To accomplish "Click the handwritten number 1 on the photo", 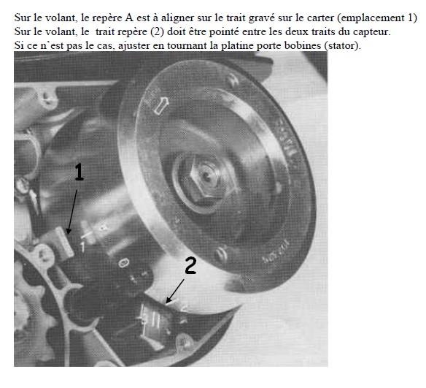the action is pyautogui.click(x=79, y=172).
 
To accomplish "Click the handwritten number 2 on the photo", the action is pyautogui.click(x=190, y=265).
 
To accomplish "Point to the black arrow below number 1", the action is pyautogui.click(x=72, y=212).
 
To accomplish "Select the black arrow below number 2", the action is pyautogui.click(x=175, y=291).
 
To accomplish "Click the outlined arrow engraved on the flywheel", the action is pyautogui.click(x=160, y=105).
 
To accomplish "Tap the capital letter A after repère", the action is pyautogui.click(x=129, y=18).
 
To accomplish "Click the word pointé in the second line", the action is pyautogui.click(x=224, y=32).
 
